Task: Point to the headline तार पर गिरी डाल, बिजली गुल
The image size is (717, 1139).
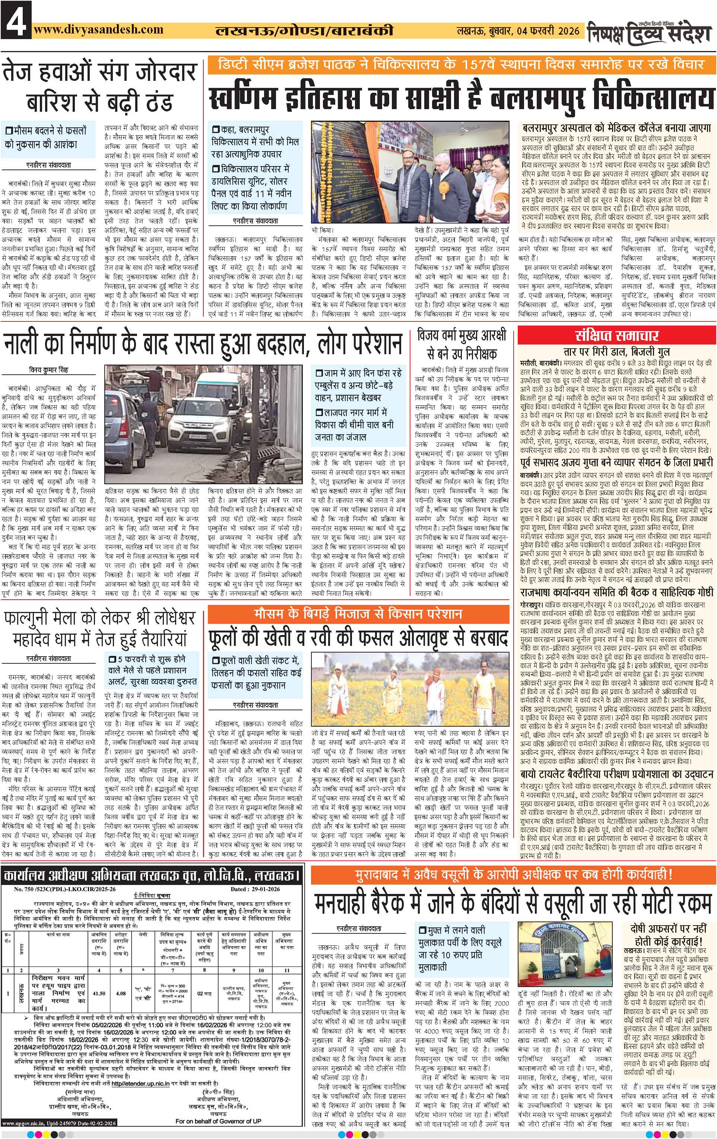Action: [616, 352]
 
